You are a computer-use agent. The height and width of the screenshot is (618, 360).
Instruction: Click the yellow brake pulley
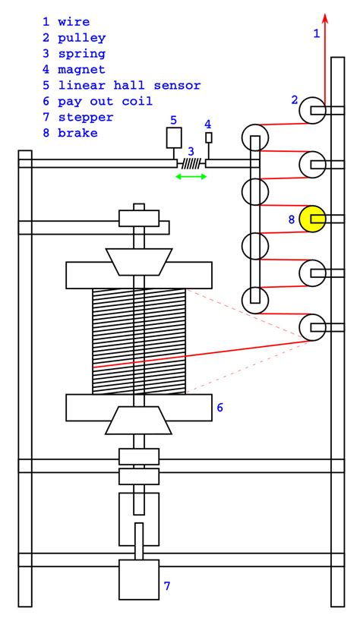pyautogui.click(x=311, y=219)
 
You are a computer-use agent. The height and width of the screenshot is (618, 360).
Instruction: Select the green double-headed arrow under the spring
pyautogui.click(x=191, y=177)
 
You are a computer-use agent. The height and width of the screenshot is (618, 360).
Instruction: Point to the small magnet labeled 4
pyautogui.click(x=209, y=137)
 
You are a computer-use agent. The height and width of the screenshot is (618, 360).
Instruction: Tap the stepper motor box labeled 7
pyautogui.click(x=138, y=579)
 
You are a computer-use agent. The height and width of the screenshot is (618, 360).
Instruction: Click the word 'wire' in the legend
pyautogui.click(x=74, y=22)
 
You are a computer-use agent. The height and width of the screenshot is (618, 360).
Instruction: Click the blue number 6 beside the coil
pyautogui.click(x=219, y=408)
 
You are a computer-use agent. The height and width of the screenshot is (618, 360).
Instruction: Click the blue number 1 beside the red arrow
pyautogui.click(x=317, y=33)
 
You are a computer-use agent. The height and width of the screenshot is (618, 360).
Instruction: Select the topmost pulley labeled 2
pyautogui.click(x=311, y=111)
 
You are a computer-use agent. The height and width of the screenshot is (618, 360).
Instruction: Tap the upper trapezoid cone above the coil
pyautogui.click(x=138, y=260)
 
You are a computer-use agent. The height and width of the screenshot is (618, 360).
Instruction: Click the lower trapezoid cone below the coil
pyautogui.click(x=138, y=420)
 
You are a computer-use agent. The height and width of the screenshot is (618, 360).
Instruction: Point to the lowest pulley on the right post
pyautogui.click(x=311, y=328)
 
